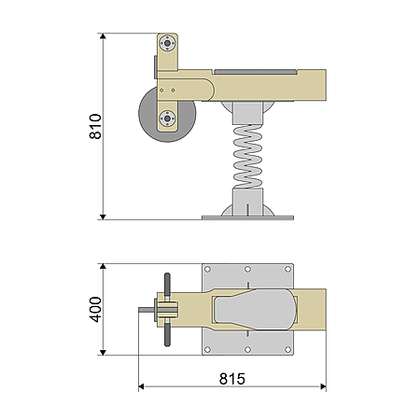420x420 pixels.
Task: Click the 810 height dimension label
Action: tap(95, 126)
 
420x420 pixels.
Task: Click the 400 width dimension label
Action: tap(95, 309)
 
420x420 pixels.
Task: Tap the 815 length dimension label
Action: tap(232, 379)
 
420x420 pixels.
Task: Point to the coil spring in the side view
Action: tap(247, 157)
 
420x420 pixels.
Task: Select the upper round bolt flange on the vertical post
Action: tap(167, 44)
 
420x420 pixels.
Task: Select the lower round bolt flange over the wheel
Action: tap(167, 119)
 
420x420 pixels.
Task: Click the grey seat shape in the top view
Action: tap(255, 309)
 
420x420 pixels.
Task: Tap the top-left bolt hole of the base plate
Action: tap(207, 269)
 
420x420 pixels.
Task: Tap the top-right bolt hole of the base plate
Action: tap(288, 269)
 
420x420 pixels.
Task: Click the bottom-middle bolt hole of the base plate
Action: tap(247, 350)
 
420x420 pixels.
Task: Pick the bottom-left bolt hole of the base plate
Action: tap(207, 350)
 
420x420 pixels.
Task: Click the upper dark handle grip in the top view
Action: tap(167, 285)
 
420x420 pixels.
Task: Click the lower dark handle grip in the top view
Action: tap(167, 334)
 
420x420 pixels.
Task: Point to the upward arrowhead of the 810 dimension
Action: tap(103, 36)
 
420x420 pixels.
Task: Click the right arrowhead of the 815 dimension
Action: tap(323, 386)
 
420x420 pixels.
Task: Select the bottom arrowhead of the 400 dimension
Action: tap(103, 352)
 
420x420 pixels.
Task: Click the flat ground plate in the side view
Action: tap(247, 217)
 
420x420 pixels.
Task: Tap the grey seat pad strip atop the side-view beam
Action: tap(255, 72)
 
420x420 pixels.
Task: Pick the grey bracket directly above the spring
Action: tap(247, 113)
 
